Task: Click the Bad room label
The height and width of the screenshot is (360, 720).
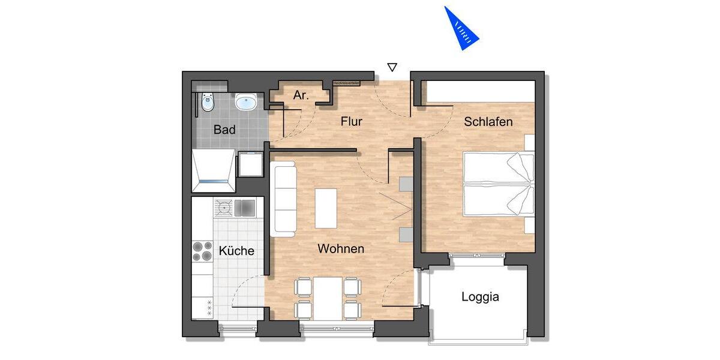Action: (224, 130)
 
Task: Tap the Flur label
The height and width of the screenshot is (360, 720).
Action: (351, 121)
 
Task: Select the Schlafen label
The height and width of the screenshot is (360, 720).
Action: (488, 122)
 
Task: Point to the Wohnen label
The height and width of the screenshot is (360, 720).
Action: (341, 248)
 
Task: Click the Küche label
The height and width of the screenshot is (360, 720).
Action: (236, 251)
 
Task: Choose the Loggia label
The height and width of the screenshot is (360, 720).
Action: (480, 296)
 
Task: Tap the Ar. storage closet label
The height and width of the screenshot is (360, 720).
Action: (301, 95)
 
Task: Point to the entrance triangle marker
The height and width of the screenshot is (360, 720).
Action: (392, 67)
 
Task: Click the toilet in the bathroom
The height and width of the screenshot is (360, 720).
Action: (208, 102)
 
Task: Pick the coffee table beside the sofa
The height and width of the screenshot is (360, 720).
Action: (326, 208)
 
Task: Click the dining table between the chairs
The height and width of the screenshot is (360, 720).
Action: (327, 298)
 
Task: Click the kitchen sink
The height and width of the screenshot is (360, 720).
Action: (245, 208)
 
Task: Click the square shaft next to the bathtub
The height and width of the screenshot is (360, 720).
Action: (250, 164)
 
